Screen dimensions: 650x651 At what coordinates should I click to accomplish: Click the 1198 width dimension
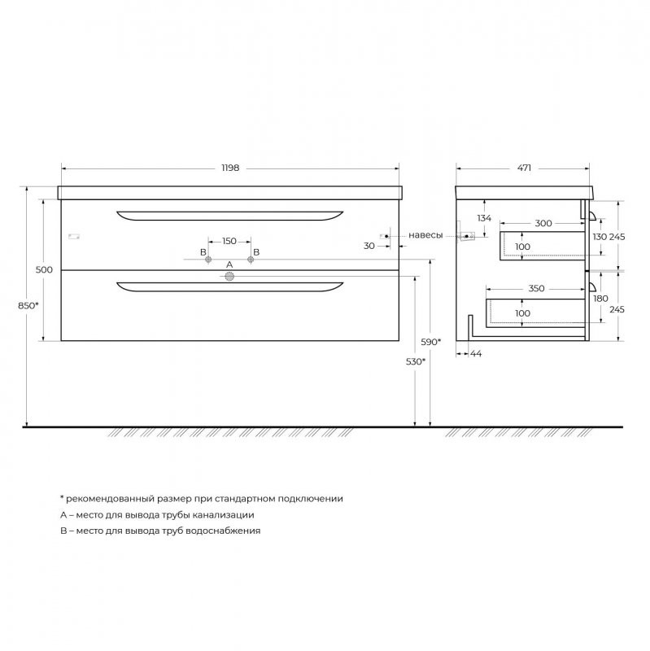coord(230,168)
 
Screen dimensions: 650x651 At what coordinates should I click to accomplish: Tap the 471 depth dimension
coord(524,168)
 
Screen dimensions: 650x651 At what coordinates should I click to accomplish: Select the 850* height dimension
coord(28,306)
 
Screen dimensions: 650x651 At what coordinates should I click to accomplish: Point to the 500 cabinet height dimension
coord(44,270)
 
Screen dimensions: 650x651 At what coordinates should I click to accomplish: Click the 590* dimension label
coord(431,342)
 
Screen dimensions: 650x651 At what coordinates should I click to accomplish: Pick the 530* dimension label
coord(416,361)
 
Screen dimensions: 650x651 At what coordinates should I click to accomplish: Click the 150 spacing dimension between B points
coord(229,241)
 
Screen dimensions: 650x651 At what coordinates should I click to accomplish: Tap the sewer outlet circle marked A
coord(229,277)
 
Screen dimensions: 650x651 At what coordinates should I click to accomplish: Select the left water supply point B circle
coord(208,260)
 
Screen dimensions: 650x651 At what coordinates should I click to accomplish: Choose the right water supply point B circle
coord(251,260)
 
